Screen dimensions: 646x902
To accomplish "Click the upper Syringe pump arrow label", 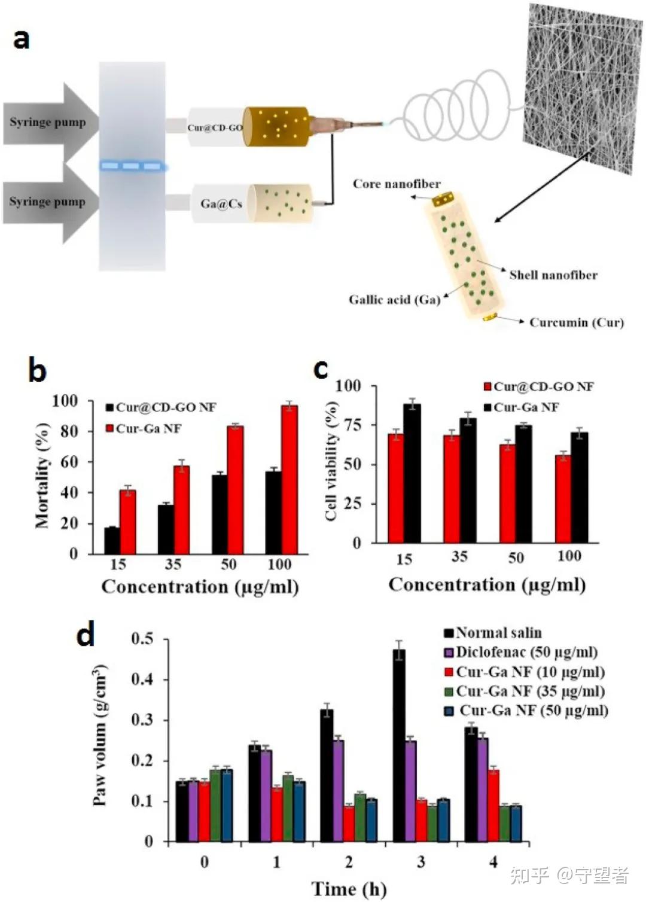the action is coord(47,123).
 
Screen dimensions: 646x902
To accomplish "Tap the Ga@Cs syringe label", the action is coord(221,204).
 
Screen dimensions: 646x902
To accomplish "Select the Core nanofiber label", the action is coord(397,184).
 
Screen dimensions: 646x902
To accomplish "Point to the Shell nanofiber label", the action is coord(553,275).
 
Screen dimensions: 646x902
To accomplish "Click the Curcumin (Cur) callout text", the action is coord(577,322).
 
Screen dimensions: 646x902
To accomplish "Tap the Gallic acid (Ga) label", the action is coord(394,300).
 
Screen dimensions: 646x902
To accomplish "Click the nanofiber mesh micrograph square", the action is coord(583,89).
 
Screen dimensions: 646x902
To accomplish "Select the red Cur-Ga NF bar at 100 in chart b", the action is coord(290,480).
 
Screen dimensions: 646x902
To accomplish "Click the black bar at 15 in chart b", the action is coord(112,540).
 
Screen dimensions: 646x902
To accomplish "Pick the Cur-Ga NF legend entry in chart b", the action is coord(144,429).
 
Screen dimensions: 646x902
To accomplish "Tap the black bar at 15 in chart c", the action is coord(412,473).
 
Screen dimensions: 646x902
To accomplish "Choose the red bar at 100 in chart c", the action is coord(563,499).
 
